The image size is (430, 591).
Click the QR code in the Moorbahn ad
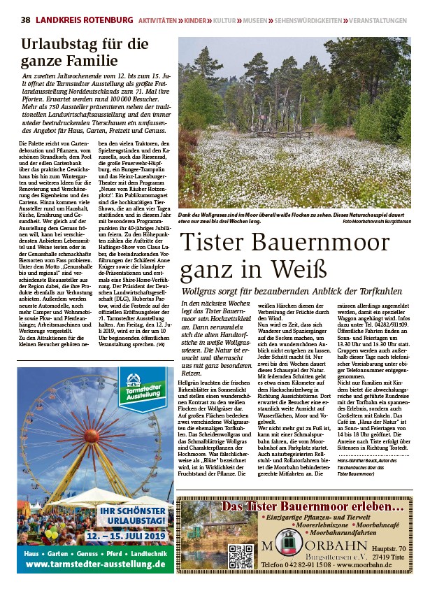(x=240, y=556)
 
